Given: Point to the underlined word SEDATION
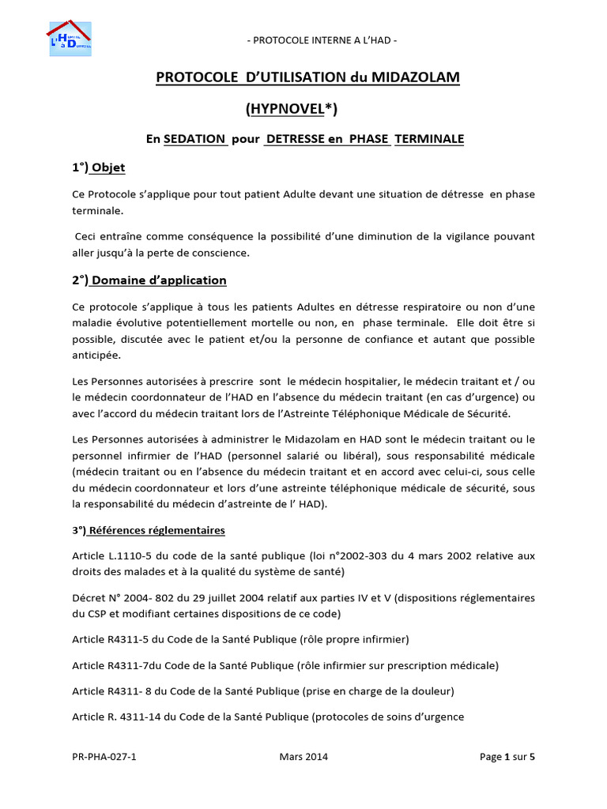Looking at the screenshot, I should [195, 139].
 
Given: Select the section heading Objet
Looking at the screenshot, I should [109, 167].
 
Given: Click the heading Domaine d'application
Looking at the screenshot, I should [159, 280].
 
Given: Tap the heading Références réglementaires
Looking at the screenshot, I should [158, 529].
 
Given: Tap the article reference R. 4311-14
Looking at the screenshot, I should [140, 717].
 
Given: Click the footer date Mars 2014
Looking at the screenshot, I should [303, 757].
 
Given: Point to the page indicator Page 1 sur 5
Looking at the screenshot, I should [507, 757].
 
